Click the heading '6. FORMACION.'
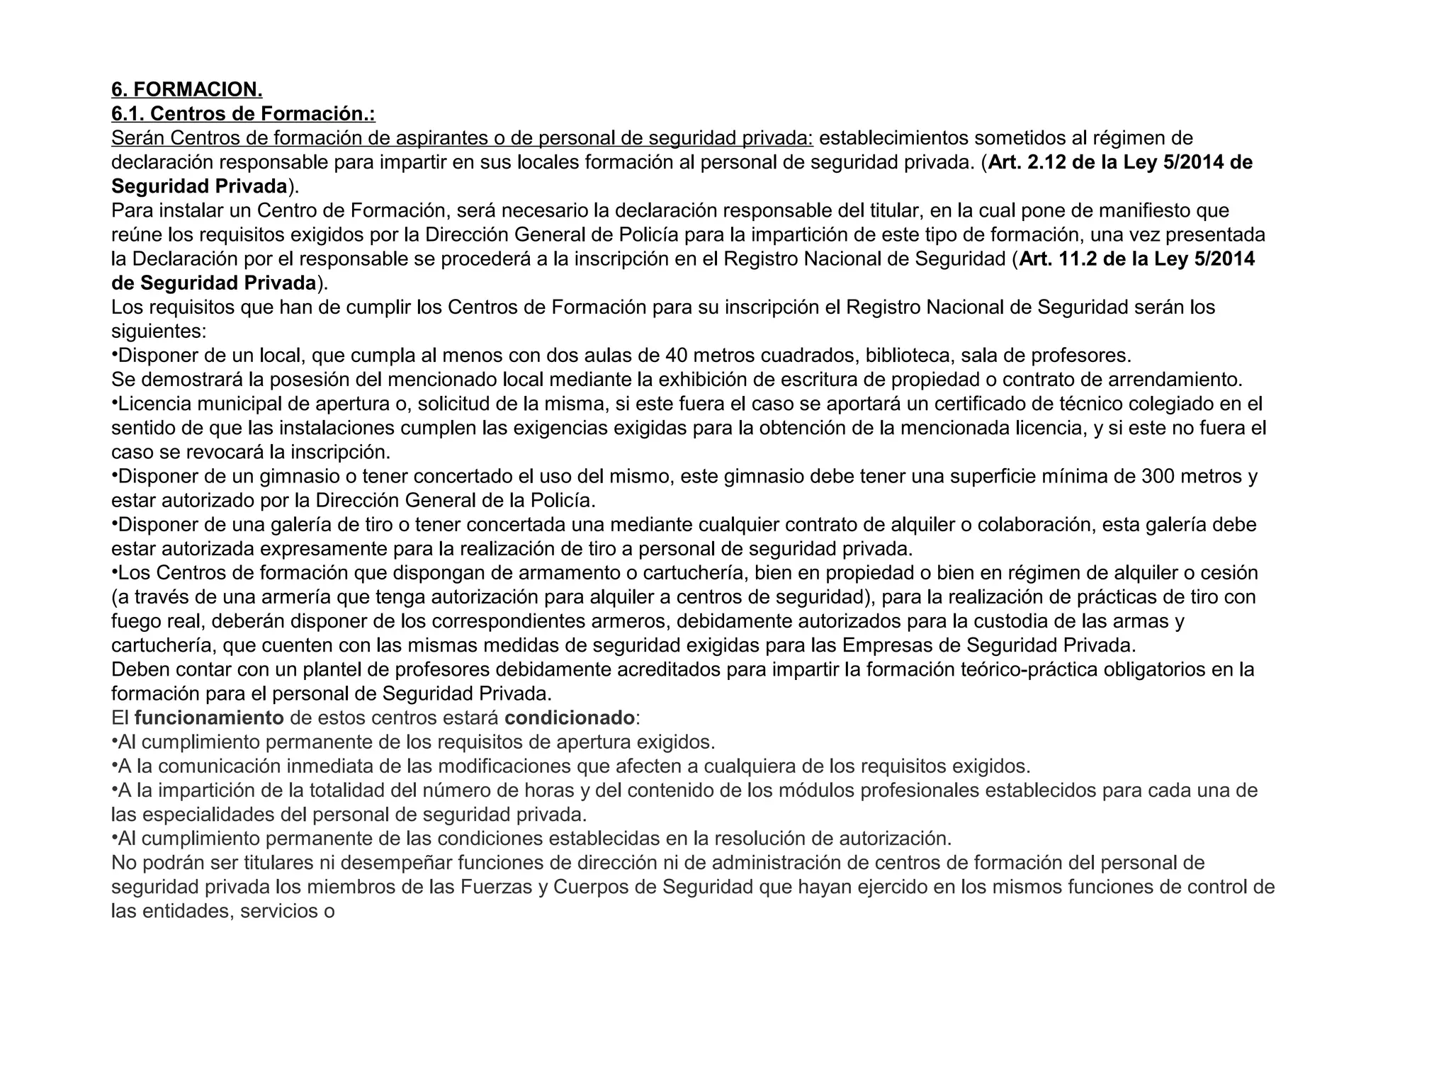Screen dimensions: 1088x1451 coord(186,89)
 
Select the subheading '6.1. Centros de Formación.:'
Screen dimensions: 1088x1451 coord(243,113)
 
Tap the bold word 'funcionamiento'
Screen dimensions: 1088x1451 coord(209,718)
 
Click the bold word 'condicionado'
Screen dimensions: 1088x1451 coord(569,718)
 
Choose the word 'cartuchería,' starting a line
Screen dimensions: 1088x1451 coord(164,645)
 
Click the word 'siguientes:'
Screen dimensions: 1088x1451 coord(159,331)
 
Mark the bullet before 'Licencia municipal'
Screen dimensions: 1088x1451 coord(114,402)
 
